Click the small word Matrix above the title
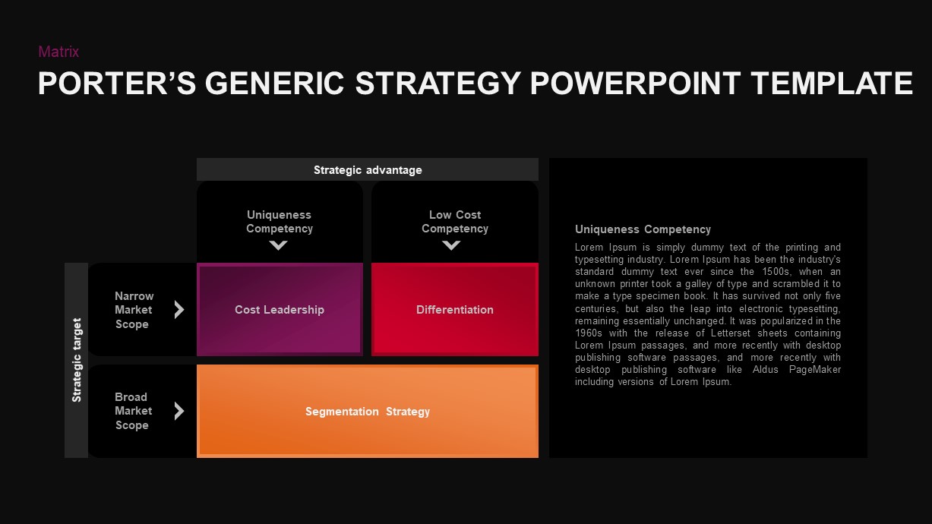coord(58,52)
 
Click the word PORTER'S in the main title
coord(117,84)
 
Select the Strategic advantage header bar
coord(368,170)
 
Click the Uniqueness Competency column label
coord(280,222)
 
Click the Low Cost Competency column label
coord(455,222)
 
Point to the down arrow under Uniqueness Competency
coord(279,245)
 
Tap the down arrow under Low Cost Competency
coord(452,245)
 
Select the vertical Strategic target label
coord(77,360)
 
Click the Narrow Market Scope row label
coord(134,310)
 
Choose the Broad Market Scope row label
coord(133,411)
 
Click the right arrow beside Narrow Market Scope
coord(179,310)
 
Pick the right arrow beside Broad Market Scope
coord(179,411)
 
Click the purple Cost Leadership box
coord(280,310)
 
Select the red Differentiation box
coord(455,310)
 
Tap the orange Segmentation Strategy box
coord(368,412)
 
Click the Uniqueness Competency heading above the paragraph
coord(643,229)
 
